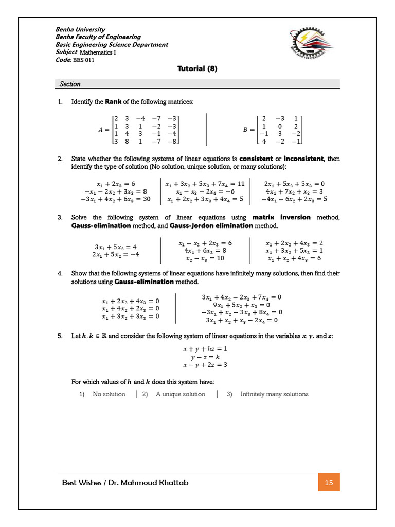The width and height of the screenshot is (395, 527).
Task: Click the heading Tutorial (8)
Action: point(197,68)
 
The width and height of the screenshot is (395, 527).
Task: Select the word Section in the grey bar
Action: point(70,84)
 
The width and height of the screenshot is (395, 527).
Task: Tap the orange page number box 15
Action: point(329,482)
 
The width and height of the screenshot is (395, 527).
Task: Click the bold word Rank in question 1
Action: point(113,101)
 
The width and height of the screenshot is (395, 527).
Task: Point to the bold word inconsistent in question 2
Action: point(303,159)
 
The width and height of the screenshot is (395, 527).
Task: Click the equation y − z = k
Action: point(205,357)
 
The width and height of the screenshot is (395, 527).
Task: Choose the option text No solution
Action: point(109,394)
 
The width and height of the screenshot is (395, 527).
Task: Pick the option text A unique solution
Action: point(181,394)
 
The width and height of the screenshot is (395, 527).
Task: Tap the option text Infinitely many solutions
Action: point(275,394)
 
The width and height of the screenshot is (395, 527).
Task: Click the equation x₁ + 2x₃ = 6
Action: point(116,183)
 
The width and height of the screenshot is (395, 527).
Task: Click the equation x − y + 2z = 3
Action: point(205,365)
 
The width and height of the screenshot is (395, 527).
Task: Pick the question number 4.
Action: point(60,273)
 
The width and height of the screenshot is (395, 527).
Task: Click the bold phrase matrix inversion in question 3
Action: point(282,217)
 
